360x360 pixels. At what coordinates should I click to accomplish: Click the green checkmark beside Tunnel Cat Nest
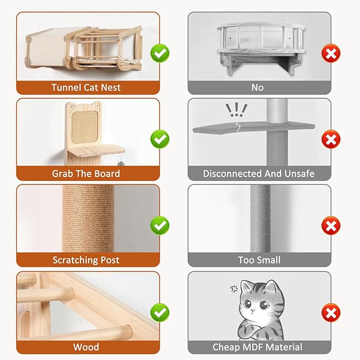pos(159,53)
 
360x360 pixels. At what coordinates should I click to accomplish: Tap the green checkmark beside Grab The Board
pos(159,139)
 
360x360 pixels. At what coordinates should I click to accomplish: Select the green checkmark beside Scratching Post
pos(159,226)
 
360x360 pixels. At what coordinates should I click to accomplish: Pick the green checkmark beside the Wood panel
pos(159,312)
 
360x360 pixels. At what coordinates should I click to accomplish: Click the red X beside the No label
pos(331,53)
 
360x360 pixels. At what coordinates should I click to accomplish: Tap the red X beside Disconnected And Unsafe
pos(331,139)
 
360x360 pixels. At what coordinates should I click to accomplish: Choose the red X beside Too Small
pos(331,226)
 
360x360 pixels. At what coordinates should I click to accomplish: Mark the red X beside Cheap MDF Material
pos(331,312)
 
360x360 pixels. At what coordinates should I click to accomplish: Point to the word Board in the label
pos(108,174)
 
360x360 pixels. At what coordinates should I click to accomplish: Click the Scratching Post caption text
pos(86,260)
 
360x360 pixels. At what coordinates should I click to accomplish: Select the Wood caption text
pos(86,347)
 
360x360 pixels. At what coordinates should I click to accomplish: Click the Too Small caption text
pos(259,260)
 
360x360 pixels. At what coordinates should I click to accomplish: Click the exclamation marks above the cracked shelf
pos(236,110)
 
